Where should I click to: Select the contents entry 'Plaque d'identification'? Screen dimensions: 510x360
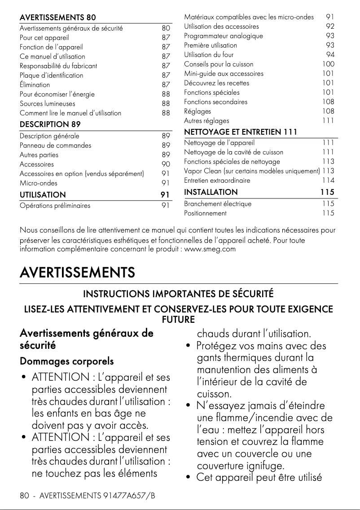point(51,75)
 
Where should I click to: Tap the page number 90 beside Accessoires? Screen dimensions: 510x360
point(166,164)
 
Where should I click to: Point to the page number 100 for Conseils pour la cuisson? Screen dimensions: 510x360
point(328,64)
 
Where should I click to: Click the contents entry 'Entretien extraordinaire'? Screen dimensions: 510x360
point(217,180)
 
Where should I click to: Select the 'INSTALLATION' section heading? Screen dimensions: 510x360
point(211,192)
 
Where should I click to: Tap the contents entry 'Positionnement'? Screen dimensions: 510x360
point(205,213)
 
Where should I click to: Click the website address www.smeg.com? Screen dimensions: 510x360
point(210,249)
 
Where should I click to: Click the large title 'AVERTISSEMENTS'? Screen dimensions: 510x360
point(77,273)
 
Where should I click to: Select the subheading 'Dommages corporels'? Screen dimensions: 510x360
point(66,361)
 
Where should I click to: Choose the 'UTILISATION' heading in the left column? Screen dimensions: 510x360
point(43,195)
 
